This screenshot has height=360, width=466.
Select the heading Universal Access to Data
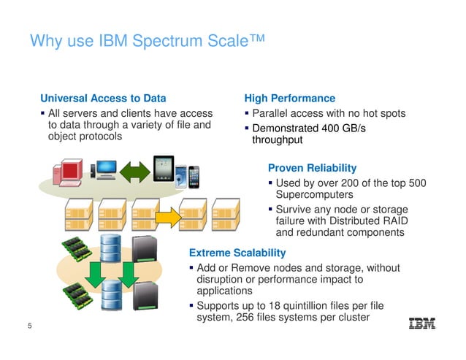pos(103,98)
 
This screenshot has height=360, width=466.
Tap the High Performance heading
pos(290,98)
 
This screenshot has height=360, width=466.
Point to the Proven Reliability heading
pos(312,168)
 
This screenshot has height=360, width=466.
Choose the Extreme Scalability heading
pos(237,253)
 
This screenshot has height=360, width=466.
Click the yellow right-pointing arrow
pos(169,216)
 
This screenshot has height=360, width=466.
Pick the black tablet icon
pos(164,171)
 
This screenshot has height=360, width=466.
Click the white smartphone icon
pos(180,178)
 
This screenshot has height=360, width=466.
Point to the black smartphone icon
pos(194,177)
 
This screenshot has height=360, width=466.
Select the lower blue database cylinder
pos(111,295)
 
